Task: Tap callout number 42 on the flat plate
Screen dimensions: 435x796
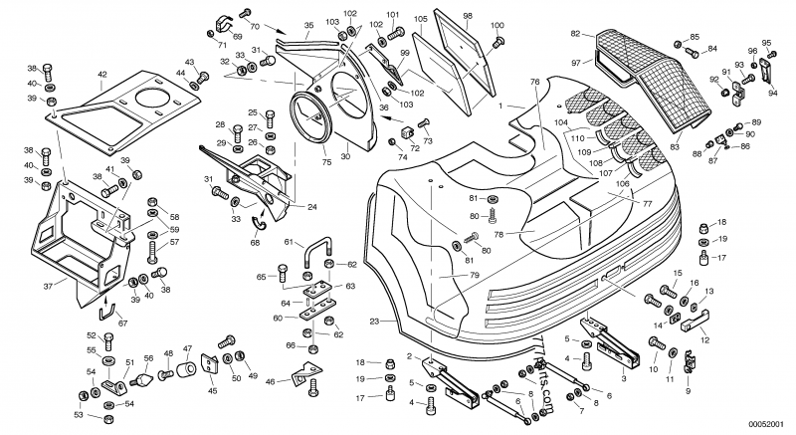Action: click(102, 75)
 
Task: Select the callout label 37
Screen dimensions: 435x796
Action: click(47, 285)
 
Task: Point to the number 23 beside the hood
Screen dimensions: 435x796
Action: click(374, 321)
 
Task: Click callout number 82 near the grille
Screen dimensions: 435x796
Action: click(575, 34)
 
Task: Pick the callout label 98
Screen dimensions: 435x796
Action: click(467, 16)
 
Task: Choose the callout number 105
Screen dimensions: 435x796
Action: click(420, 18)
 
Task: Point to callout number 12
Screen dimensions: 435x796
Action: click(703, 340)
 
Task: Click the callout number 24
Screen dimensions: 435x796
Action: click(311, 207)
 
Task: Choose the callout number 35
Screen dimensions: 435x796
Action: click(307, 25)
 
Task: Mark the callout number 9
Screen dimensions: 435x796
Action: click(687, 391)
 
